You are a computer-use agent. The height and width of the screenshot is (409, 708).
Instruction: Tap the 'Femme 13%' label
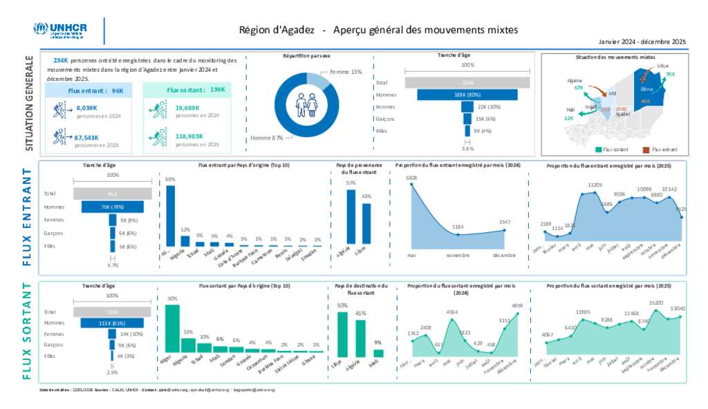(346, 72)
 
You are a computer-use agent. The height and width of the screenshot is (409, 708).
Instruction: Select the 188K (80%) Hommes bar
(468, 95)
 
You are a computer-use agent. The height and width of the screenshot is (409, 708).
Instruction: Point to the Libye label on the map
(663, 66)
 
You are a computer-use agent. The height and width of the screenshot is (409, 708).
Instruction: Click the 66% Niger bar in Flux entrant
(170, 216)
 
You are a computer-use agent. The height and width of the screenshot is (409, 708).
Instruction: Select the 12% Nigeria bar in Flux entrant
(185, 240)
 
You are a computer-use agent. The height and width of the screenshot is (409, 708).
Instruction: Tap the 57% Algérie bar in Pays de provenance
(351, 217)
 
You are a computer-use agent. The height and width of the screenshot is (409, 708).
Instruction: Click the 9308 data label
(411, 178)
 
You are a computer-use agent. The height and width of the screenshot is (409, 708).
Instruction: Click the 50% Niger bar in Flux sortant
(171, 328)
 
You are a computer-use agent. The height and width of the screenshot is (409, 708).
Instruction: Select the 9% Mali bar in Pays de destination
(378, 353)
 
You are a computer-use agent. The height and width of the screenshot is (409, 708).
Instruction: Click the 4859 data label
(516, 305)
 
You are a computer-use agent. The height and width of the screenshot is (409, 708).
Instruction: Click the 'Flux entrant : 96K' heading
(95, 91)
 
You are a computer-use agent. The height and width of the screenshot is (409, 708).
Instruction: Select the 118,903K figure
(189, 136)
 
